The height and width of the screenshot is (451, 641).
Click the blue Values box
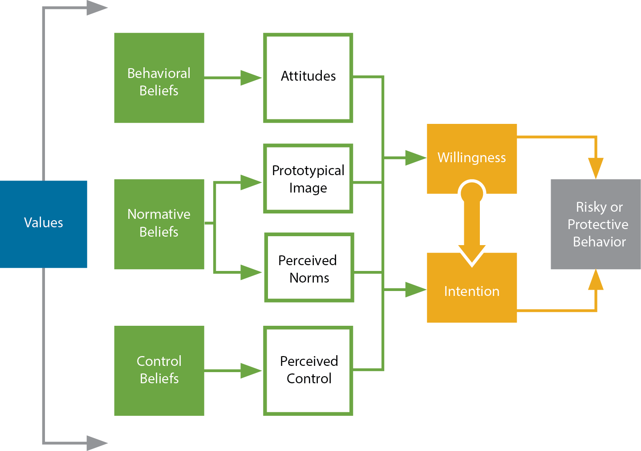pyautogui.click(x=44, y=224)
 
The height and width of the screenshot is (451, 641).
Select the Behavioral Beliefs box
pyautogui.click(x=159, y=78)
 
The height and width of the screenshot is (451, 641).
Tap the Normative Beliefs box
pyautogui.click(x=159, y=224)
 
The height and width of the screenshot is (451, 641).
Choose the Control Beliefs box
pyautogui.click(x=159, y=371)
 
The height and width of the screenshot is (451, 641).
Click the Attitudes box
pyautogui.click(x=308, y=77)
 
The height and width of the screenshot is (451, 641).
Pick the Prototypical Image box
pyautogui.click(x=308, y=178)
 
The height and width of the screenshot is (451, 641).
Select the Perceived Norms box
pyautogui.click(x=309, y=267)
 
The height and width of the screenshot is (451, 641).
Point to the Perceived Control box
pyautogui.click(x=308, y=371)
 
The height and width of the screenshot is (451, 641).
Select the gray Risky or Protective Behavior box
pyautogui.click(x=596, y=224)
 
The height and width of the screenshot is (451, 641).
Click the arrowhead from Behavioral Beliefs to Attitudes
pyautogui.click(x=251, y=78)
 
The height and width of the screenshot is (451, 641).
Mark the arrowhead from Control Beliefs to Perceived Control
pyautogui.click(x=251, y=370)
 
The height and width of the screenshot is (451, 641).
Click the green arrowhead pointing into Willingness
pyautogui.click(x=415, y=158)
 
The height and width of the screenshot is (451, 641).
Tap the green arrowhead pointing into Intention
pyautogui.click(x=415, y=290)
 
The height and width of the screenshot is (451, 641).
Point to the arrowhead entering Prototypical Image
pyautogui.click(x=251, y=182)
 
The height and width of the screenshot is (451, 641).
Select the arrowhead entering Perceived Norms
pyautogui.click(x=251, y=272)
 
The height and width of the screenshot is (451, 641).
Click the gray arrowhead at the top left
pyautogui.click(x=97, y=8)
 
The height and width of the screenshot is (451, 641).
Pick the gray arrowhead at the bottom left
pyautogui.click(x=97, y=443)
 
